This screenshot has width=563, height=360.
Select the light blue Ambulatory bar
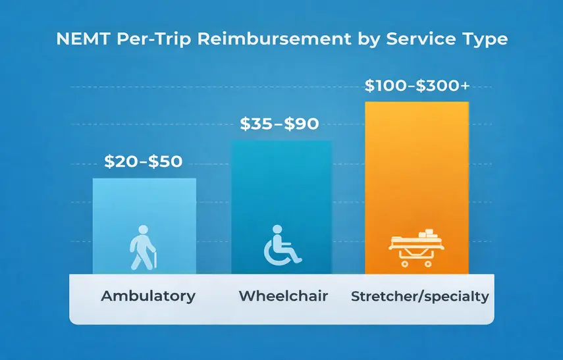[144, 211]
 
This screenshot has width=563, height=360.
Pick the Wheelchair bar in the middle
[281, 191]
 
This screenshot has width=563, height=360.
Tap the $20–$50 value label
[144, 162]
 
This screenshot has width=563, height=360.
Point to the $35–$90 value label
[279, 124]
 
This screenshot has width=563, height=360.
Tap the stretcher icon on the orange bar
[416, 246]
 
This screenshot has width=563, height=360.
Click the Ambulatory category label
[148, 296]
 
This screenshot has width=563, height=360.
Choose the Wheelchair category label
[282, 296]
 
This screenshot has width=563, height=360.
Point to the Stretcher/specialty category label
[419, 296]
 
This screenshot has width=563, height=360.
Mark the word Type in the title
[483, 39]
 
